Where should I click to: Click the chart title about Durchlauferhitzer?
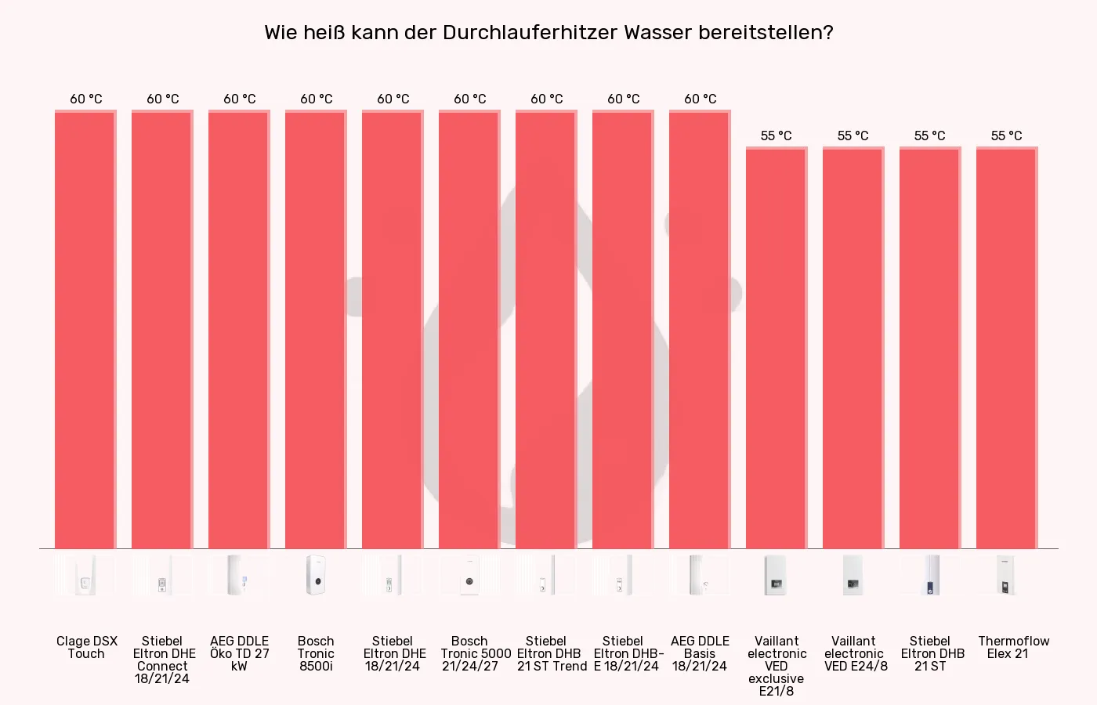coord(548,33)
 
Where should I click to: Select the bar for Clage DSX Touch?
coord(85,329)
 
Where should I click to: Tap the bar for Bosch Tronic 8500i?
coord(316,329)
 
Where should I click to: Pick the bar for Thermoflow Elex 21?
coord(1007,349)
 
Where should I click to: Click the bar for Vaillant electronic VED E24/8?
coord(853,349)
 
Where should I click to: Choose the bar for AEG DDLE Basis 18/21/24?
coord(700,329)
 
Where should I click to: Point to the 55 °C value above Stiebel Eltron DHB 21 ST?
coord(930,136)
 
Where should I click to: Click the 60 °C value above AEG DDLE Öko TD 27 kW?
coord(239,99)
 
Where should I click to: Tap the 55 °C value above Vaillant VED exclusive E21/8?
coord(777,136)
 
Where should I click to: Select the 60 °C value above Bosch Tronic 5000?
coord(469,99)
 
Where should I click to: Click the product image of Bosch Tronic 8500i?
coord(316,576)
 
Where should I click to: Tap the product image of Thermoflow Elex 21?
coord(1007,576)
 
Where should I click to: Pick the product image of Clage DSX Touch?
coord(85,576)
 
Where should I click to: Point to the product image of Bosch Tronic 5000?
coord(469,576)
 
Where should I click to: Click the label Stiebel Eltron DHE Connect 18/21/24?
coord(162,660)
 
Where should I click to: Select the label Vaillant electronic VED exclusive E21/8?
coord(777,666)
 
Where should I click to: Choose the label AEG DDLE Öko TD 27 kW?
coord(239,653)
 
